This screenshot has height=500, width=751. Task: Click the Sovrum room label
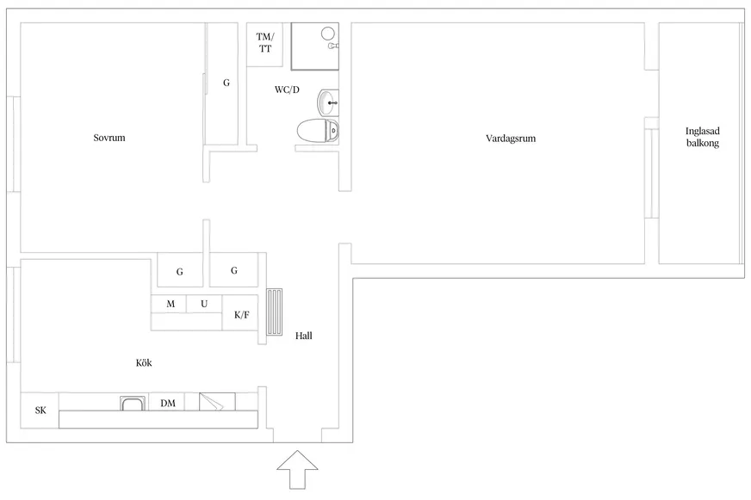click(x=109, y=138)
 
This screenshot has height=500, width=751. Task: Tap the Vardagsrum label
click(x=511, y=139)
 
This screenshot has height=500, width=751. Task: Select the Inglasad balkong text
click(x=703, y=137)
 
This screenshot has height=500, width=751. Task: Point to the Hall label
click(x=304, y=336)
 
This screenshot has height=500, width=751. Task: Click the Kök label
click(x=144, y=362)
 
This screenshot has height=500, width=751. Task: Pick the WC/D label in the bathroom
click(x=287, y=90)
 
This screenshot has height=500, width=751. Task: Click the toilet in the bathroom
click(x=318, y=131)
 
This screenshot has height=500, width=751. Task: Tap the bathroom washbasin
click(x=327, y=102)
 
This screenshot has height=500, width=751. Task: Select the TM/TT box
click(x=264, y=45)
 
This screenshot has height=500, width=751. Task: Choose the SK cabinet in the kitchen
click(x=40, y=410)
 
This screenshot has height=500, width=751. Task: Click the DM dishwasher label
click(x=168, y=404)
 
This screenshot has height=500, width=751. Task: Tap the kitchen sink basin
click(x=133, y=404)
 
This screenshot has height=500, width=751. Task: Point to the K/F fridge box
click(x=240, y=313)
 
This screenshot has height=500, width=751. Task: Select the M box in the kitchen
click(x=169, y=304)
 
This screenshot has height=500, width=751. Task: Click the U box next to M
click(x=204, y=304)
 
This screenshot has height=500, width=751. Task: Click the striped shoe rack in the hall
click(x=275, y=312)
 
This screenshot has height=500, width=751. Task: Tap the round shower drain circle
click(x=327, y=33)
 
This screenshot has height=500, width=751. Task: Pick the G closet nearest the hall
click(x=233, y=270)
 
